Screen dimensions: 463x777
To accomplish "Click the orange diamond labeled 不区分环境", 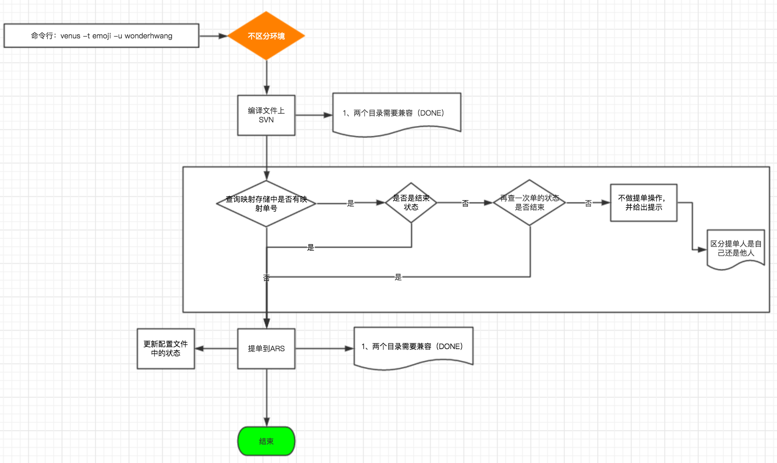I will (266, 36).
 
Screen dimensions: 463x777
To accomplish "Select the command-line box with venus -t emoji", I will (101, 36).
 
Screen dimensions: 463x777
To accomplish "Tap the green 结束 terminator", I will (266, 441).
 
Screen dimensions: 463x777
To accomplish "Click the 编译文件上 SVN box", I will (266, 115).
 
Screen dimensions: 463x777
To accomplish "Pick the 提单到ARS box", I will (266, 349).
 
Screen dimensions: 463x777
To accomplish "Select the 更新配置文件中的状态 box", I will (166, 349).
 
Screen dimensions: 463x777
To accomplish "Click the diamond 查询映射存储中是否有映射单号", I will (266, 204).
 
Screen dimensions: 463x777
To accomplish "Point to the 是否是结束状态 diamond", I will (411, 203).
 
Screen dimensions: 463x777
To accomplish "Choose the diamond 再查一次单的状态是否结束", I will (529, 203).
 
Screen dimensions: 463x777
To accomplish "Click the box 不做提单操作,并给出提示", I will (643, 203).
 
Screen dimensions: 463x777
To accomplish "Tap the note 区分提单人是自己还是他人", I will (736, 248).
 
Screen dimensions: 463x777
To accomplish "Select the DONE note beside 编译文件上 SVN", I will (396, 113).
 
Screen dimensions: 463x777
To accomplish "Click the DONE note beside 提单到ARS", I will (413, 347).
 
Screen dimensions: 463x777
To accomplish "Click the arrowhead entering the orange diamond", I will (223, 36).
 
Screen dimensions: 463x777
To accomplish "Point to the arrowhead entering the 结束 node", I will (267, 422).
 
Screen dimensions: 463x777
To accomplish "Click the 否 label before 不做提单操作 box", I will (588, 203).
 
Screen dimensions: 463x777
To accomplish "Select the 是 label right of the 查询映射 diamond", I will (350, 203).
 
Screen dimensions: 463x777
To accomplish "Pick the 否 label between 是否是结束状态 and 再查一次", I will (465, 203).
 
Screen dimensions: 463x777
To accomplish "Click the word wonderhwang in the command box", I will (148, 36).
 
